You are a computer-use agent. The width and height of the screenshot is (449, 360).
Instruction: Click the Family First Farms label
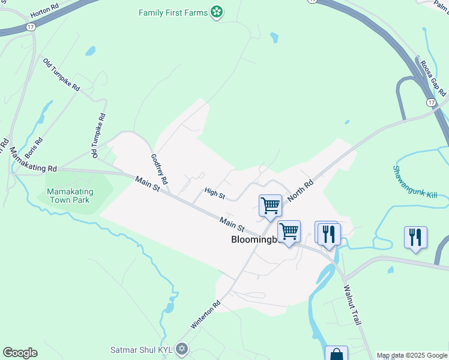click(x=172, y=12)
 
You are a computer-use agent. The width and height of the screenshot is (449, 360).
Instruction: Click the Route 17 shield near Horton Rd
click(x=30, y=27)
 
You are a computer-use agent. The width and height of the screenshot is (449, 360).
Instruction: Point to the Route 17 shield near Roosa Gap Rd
click(x=431, y=103)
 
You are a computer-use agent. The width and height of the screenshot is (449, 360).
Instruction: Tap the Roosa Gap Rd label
click(x=432, y=77)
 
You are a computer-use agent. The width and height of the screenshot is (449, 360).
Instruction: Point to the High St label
click(x=214, y=193)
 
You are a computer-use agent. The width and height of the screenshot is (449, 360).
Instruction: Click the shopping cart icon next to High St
click(x=270, y=205)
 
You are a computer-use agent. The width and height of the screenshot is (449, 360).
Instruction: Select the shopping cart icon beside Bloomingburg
click(x=289, y=231)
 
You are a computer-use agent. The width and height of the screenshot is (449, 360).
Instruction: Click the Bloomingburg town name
click(x=255, y=239)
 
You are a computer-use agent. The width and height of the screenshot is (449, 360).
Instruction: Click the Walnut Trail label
click(x=352, y=304)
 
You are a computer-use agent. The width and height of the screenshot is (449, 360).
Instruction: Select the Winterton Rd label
click(x=206, y=314)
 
